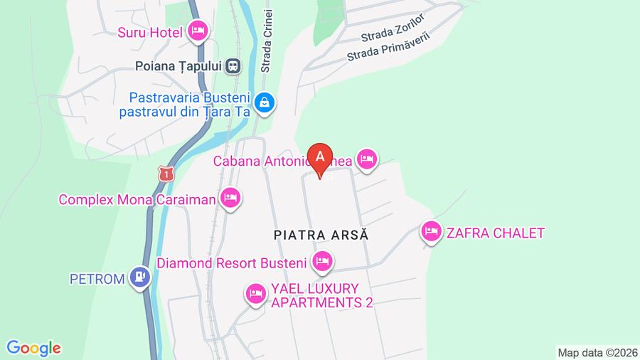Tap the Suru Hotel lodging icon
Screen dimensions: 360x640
[x=198, y=31]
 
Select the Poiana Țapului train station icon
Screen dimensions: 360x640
[x=233, y=66]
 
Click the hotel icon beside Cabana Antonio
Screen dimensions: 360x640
[x=366, y=159]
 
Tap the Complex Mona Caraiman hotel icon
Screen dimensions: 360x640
[x=230, y=198]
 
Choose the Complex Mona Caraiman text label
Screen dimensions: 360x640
[x=137, y=200]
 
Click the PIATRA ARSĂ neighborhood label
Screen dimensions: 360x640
[x=322, y=234]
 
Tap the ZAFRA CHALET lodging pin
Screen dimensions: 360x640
[x=430, y=231]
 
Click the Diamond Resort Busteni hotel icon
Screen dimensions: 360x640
[x=322, y=262]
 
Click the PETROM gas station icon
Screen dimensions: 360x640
[x=140, y=277]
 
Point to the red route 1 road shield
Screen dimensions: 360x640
[x=166, y=174]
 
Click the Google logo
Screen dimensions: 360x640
[x=33, y=348]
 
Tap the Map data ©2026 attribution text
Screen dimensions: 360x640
[x=597, y=352]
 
